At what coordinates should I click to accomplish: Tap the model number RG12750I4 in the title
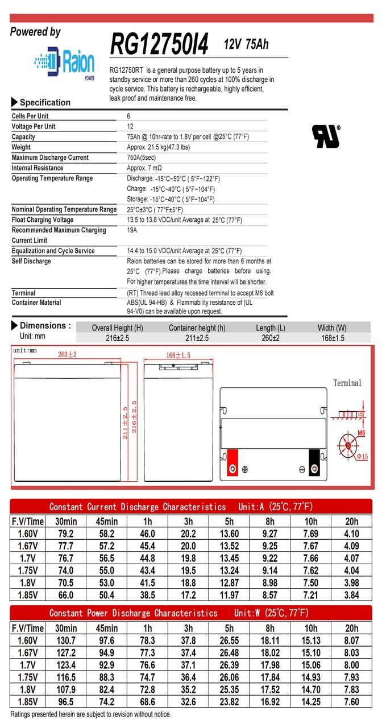click(160, 43)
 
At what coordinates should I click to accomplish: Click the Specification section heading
click(45, 102)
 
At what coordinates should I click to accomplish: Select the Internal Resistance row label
click(38, 168)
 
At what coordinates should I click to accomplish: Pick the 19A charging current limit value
click(132, 230)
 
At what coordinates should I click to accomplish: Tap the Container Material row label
click(36, 303)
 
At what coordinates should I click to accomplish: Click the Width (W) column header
click(332, 328)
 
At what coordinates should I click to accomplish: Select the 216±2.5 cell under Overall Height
click(118, 338)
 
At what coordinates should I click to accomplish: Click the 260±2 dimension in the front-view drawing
click(67, 355)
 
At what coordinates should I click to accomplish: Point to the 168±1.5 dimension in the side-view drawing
click(178, 355)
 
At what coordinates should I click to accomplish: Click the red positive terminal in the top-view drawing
click(232, 462)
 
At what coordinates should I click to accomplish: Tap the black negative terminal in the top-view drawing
click(314, 462)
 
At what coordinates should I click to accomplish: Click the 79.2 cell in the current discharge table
click(65, 533)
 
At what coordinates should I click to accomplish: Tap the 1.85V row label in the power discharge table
click(26, 702)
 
